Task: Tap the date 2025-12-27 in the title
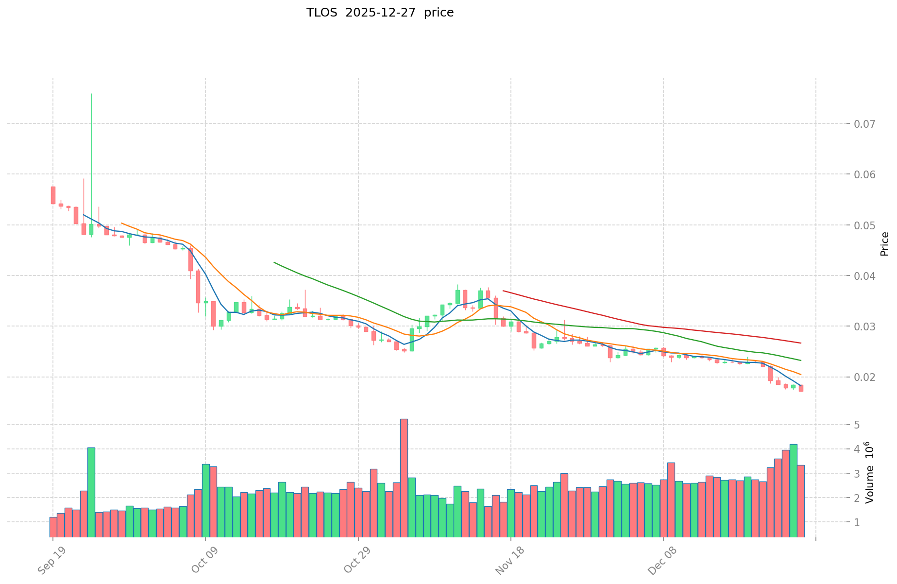click(x=381, y=13)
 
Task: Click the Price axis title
click(x=884, y=244)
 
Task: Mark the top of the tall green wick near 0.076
click(x=91, y=94)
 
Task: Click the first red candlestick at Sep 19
click(x=53, y=195)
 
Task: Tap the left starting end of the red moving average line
click(x=503, y=291)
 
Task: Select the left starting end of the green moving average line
click(x=274, y=262)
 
